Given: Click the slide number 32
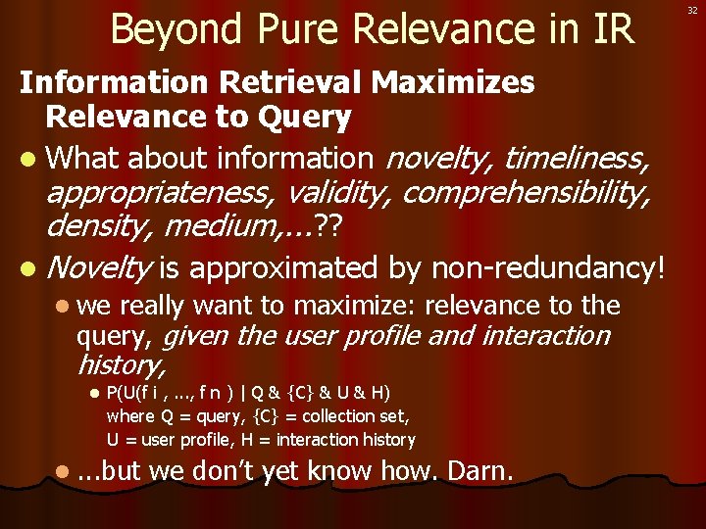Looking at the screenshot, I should click(692, 11).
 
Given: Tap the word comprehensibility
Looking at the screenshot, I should click(525, 193).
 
